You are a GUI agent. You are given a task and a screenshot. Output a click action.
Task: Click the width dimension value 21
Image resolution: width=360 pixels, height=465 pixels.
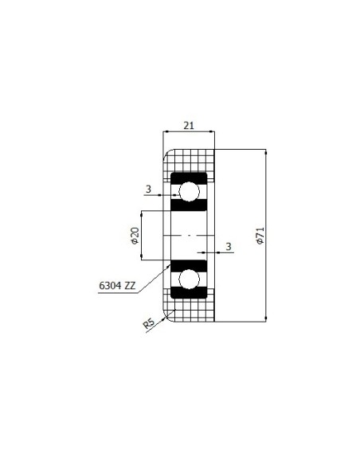(x=189, y=126)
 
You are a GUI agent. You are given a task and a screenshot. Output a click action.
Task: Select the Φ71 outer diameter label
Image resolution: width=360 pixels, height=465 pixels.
(x=260, y=236)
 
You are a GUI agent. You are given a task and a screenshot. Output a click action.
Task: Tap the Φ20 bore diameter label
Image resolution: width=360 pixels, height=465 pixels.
(x=135, y=236)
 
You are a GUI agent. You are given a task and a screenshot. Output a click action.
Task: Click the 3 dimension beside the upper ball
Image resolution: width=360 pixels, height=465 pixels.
(x=148, y=189)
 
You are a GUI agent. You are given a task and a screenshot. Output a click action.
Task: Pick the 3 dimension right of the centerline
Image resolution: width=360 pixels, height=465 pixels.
(x=229, y=247)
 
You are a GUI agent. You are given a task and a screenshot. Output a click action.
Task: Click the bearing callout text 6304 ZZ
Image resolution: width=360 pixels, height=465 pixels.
(x=117, y=286)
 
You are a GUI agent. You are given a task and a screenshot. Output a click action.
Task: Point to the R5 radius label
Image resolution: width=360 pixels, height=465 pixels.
(x=149, y=323)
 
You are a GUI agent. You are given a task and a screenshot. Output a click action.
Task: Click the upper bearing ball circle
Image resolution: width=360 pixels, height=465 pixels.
(x=189, y=192)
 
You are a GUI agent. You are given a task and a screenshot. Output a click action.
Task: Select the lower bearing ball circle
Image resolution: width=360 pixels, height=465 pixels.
(x=189, y=279)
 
